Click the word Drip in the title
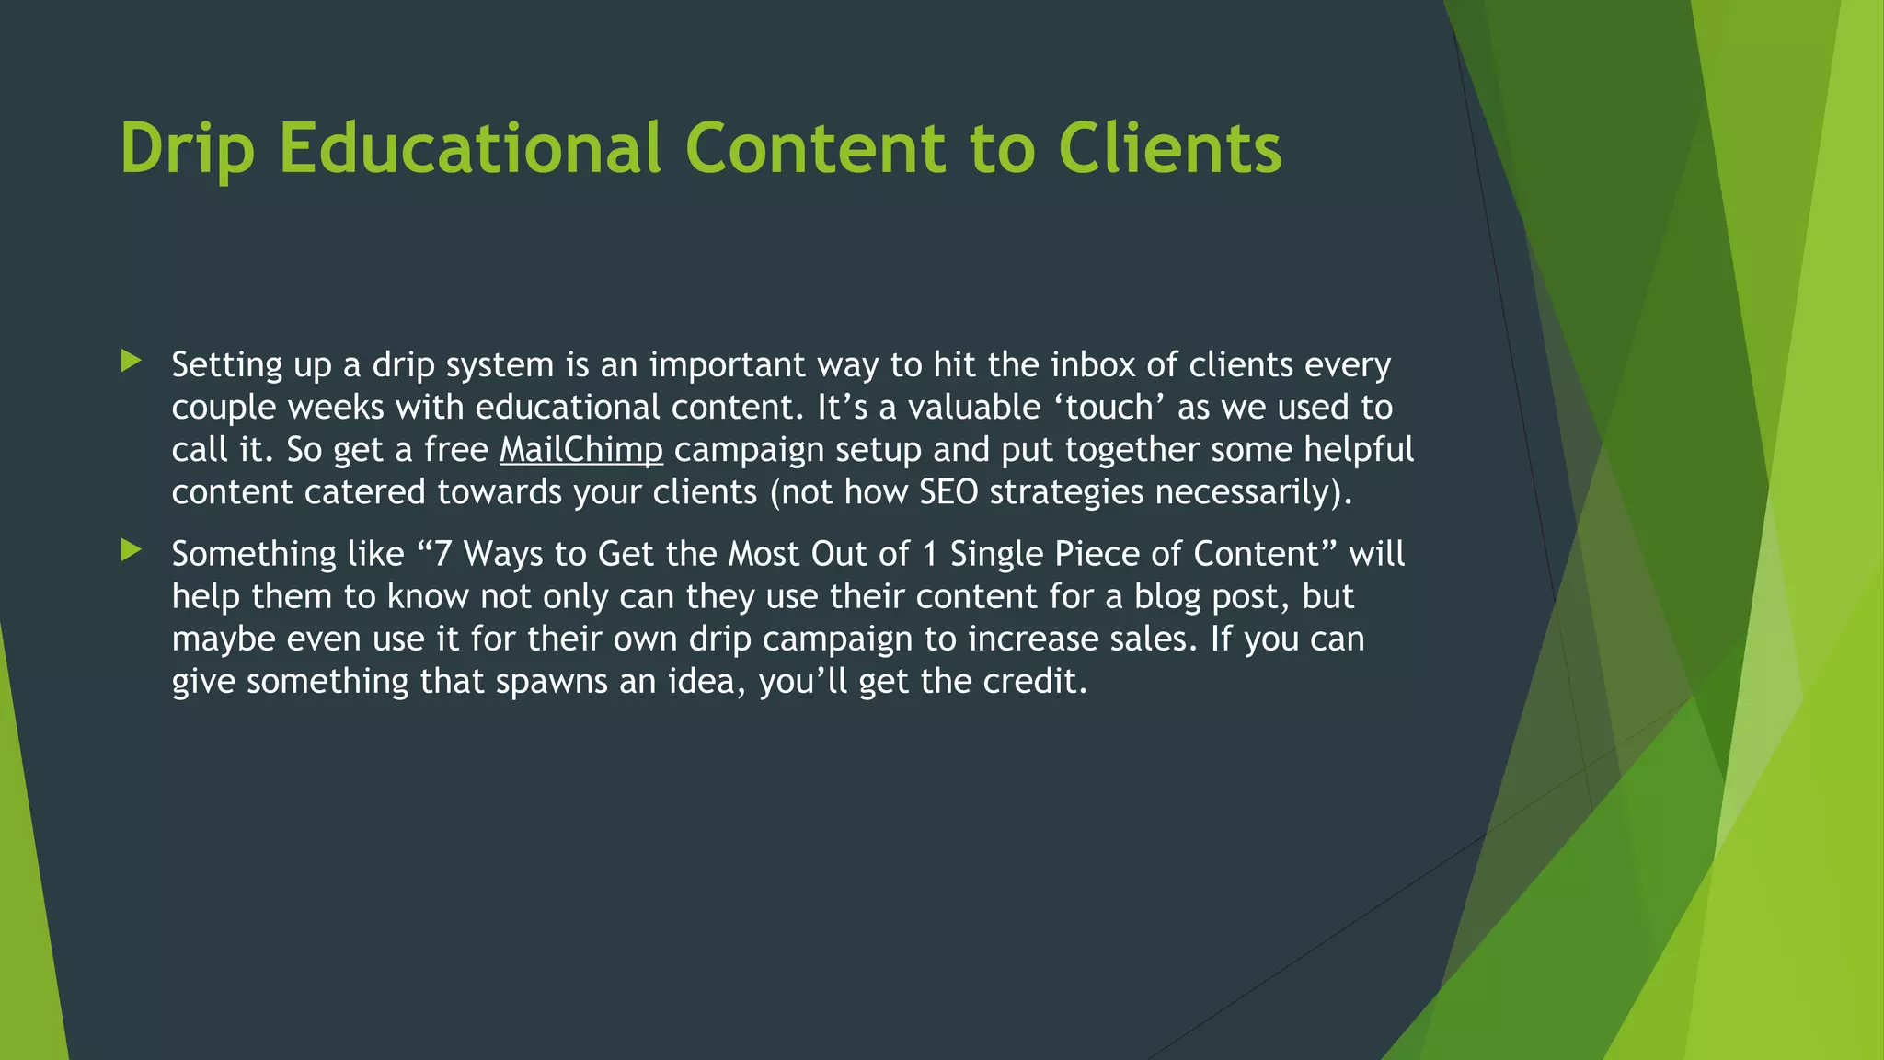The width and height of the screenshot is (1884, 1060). [187, 149]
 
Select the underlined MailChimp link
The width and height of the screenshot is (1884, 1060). [580, 450]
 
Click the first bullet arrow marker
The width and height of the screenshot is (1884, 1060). [132, 361]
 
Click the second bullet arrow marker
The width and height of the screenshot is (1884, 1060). [132, 550]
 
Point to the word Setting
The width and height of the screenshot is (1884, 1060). [227, 365]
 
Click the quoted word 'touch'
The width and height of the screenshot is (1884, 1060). [1109, 408]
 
